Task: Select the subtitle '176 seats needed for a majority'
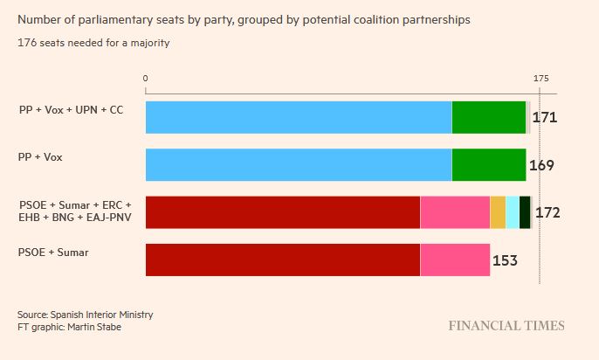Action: click(x=93, y=44)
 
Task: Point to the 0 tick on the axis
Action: click(x=146, y=79)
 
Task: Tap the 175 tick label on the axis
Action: click(x=540, y=79)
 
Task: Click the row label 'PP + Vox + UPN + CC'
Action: click(x=71, y=110)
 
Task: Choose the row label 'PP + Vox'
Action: click(x=41, y=157)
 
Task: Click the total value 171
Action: click(x=545, y=118)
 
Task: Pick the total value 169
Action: click(x=541, y=165)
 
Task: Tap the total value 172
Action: click(x=547, y=212)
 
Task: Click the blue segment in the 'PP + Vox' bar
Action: click(x=298, y=165)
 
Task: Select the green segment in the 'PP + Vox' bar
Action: click(x=489, y=165)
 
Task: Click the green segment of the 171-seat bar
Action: click(x=489, y=118)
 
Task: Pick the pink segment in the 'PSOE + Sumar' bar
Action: click(x=455, y=260)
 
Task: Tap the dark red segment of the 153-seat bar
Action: click(x=282, y=260)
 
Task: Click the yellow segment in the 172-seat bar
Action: click(x=498, y=212)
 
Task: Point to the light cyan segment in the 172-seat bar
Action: click(x=513, y=212)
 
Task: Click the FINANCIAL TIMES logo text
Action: click(x=506, y=326)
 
